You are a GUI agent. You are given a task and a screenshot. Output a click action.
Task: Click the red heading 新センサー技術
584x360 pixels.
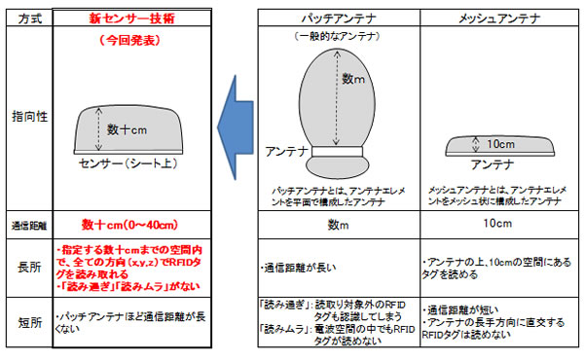pos(127,18)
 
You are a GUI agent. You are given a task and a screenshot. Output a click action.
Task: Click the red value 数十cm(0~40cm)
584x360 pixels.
pos(128,224)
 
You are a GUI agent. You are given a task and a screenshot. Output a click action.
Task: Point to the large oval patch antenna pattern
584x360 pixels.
pos(336,92)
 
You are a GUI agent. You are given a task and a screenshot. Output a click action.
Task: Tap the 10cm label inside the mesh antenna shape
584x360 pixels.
pos(499,143)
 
